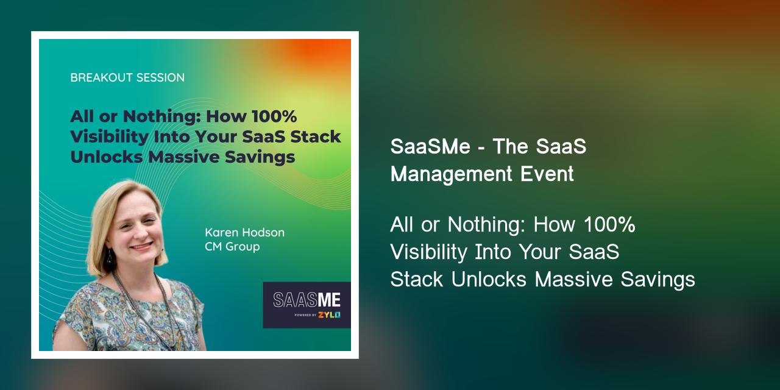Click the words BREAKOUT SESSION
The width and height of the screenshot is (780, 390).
point(127,78)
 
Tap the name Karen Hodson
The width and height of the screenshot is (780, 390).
point(244,233)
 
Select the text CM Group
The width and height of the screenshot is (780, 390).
point(232,247)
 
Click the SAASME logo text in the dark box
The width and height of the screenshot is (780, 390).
point(307,300)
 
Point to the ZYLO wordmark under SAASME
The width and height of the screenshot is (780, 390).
point(329,315)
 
